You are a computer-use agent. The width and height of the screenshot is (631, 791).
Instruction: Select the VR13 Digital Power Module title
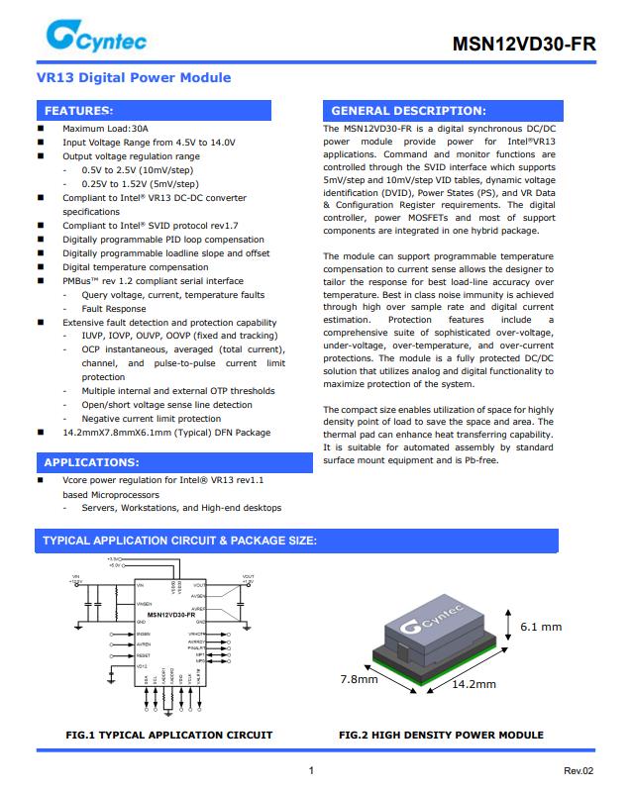pyautogui.click(x=134, y=77)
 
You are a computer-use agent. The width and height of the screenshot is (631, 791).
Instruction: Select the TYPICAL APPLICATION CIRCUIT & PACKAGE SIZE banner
pyautogui.click(x=179, y=540)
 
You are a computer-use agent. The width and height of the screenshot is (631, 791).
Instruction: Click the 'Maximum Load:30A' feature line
pyautogui.click(x=105, y=129)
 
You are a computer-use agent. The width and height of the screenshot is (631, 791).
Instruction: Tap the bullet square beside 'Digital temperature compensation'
pyautogui.click(x=41, y=267)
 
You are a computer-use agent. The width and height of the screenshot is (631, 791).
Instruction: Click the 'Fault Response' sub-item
pyautogui.click(x=113, y=309)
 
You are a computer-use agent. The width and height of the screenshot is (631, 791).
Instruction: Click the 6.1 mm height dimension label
pyautogui.click(x=540, y=627)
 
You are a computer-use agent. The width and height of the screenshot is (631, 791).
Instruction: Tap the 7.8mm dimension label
pyautogui.click(x=359, y=679)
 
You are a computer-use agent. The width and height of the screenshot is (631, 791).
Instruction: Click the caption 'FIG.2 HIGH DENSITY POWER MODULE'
pyautogui.click(x=441, y=735)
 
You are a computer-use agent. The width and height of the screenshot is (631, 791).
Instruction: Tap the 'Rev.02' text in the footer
pyautogui.click(x=578, y=771)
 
